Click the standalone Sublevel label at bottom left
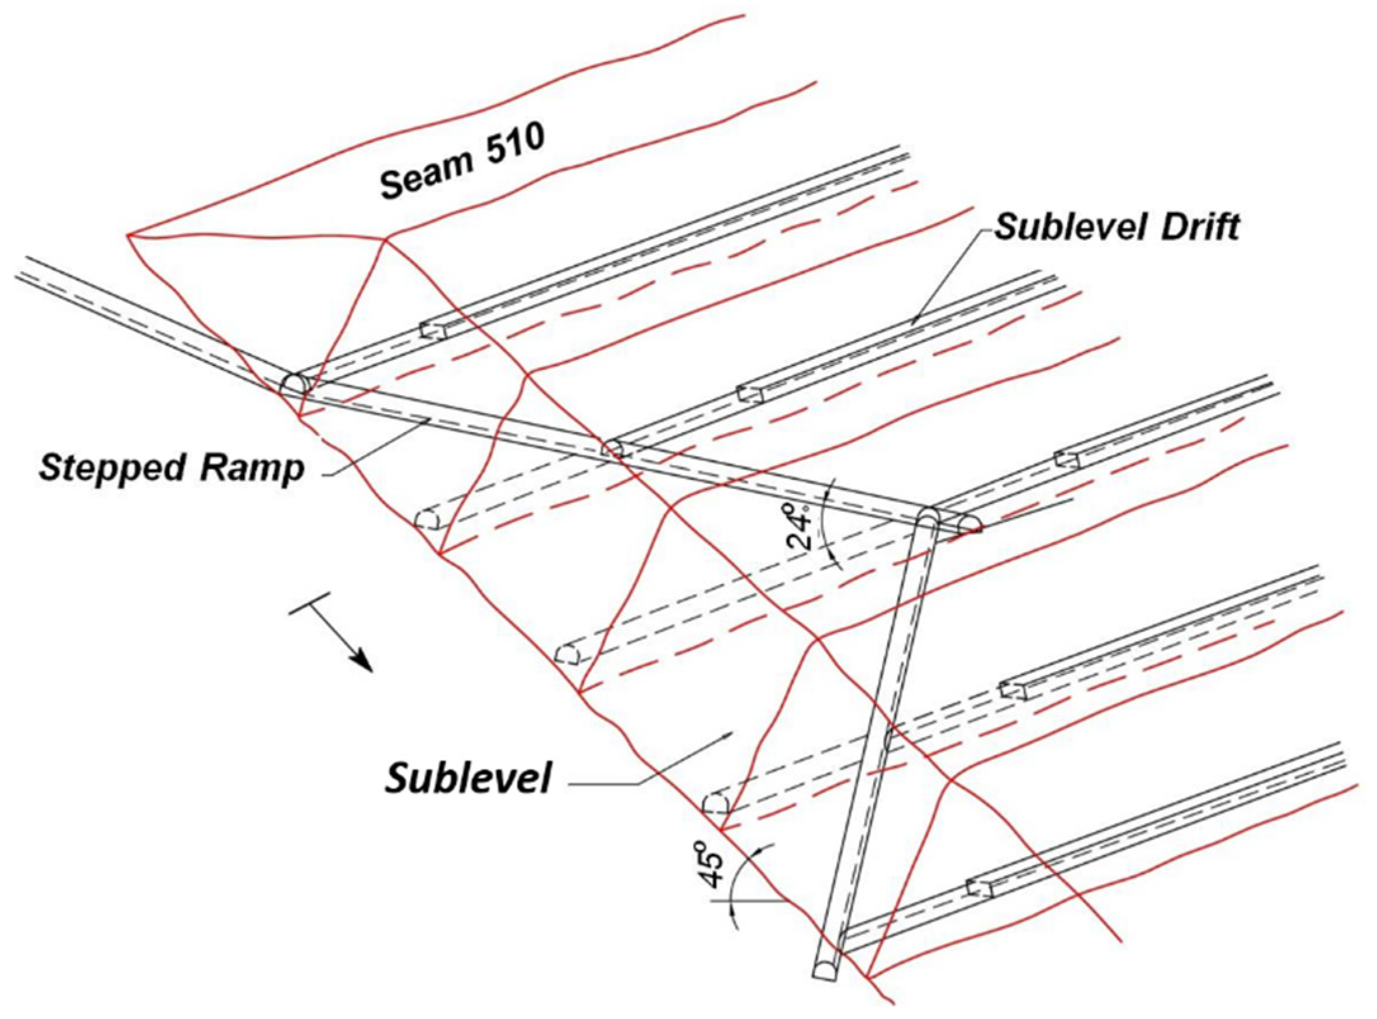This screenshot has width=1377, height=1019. pos(468,777)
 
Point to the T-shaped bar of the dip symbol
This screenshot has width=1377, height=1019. pos(311,603)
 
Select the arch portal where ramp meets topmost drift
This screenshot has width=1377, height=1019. pos(295,383)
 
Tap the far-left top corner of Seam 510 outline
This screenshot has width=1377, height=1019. pos(129,236)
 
